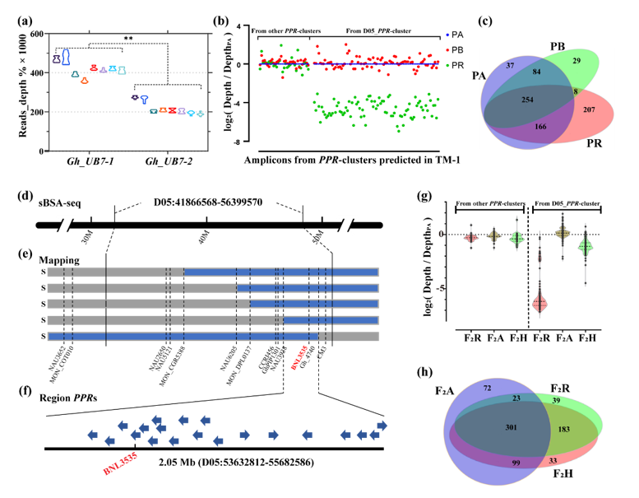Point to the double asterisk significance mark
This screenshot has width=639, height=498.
[129, 39]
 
